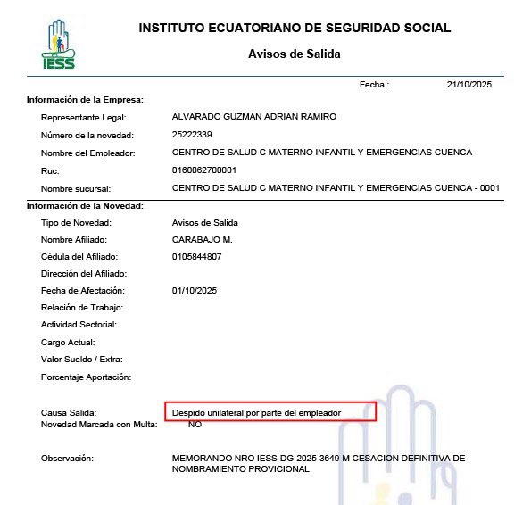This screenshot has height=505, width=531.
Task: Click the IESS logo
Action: pyautogui.click(x=59, y=44)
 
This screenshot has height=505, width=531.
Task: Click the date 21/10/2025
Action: pyautogui.click(x=469, y=84)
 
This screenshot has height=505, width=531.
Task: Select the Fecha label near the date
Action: pyautogui.click(x=374, y=84)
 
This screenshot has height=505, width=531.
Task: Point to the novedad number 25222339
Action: pyautogui.click(x=192, y=135)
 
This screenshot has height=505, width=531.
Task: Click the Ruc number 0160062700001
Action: pyautogui.click(x=204, y=170)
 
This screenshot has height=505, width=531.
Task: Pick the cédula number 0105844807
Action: pyautogui.click(x=196, y=256)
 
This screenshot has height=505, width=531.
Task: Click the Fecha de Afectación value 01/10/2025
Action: pyautogui.click(x=195, y=291)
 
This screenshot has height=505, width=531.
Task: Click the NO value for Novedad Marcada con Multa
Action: pyautogui.click(x=195, y=425)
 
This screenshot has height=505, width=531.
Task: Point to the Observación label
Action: pyautogui.click(x=68, y=459)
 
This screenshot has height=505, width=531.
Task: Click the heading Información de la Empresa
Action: pyautogui.click(x=86, y=100)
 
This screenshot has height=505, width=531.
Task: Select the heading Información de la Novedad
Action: pyautogui.click(x=86, y=205)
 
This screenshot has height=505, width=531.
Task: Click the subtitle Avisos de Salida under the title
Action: pyautogui.click(x=295, y=54)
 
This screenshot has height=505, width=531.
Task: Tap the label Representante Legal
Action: pyautogui.click(x=84, y=117)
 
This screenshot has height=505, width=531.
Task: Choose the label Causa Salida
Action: pyautogui.click(x=70, y=413)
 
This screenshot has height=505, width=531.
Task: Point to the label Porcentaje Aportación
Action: pyautogui.click(x=86, y=377)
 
